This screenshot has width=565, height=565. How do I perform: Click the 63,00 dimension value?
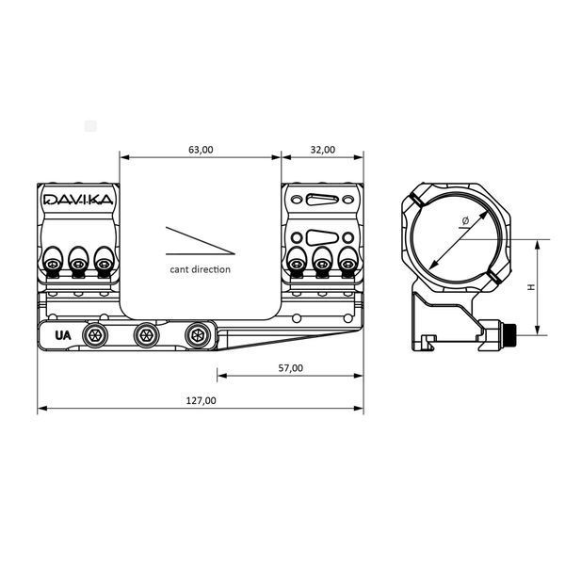click(201, 150)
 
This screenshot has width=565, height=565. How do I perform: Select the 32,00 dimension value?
click(322, 150)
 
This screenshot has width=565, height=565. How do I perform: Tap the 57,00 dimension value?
click(290, 368)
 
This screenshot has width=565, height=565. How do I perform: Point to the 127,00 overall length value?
click(201, 401)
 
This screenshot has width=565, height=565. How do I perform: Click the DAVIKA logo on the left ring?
click(78, 200)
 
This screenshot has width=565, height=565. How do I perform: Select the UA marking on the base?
click(63, 335)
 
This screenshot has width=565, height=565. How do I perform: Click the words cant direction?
click(200, 269)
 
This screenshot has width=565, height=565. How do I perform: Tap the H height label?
click(531, 287)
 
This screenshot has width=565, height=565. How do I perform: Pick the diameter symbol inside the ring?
click(465, 221)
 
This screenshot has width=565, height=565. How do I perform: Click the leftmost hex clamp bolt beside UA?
click(95, 335)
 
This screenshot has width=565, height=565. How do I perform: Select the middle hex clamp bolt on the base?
click(146, 335)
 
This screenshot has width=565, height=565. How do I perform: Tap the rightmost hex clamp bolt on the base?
click(198, 335)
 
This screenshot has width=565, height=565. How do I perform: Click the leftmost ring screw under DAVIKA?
click(53, 265)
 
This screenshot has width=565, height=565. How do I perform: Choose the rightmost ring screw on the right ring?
click(347, 265)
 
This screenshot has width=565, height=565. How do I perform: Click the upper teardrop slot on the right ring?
click(322, 200)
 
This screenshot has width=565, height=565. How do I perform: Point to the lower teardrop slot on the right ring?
click(322, 238)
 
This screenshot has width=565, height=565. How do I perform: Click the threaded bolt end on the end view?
click(510, 330)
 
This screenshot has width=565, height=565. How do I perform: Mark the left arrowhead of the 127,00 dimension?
click(42, 409)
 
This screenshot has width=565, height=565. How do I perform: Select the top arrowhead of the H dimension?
click(538, 244)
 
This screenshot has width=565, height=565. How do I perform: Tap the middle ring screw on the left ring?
click(78, 265)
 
